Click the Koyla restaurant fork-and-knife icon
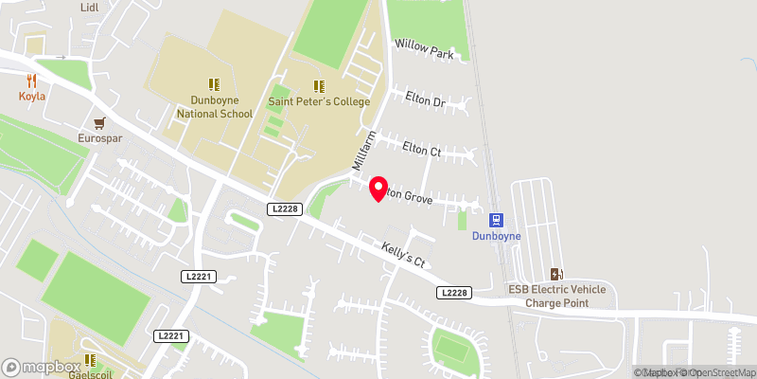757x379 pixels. tap(30, 81)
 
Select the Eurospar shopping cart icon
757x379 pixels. tap(99, 122)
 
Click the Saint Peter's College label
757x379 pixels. tap(319, 101)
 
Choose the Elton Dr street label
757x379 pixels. tap(425, 98)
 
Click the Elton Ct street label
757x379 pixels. tap(422, 149)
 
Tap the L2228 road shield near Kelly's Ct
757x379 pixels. tap(454, 294)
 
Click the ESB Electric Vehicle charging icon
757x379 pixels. tap(557, 273)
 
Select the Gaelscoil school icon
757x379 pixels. tap(92, 360)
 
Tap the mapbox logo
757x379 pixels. tap(42, 367)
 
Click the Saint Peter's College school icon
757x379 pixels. tap(319, 85)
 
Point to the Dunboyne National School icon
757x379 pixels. tap(214, 84)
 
